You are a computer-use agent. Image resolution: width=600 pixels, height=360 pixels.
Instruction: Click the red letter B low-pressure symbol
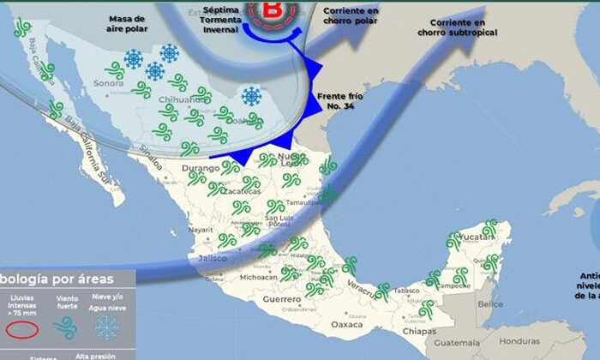pos(272,11)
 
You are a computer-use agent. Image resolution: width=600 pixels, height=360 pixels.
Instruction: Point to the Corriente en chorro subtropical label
pos(458,27)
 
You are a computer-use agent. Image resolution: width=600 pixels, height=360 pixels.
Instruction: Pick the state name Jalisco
pos(213,257)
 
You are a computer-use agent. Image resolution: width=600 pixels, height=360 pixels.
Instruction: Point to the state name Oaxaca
pos(348,325)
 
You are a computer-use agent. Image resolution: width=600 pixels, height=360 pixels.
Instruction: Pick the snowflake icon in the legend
pos(106,328)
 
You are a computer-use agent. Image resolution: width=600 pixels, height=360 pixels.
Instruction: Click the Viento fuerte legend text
pos(66,301)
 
